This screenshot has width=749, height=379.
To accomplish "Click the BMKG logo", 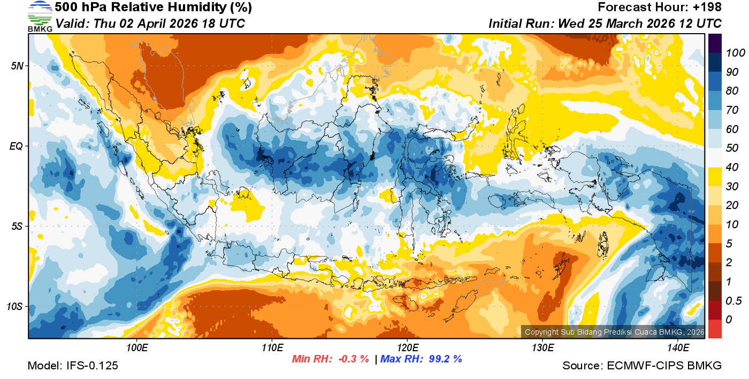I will (x=40, y=16).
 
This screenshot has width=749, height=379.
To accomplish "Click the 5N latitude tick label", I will (x=17, y=66).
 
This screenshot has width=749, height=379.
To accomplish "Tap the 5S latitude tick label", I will (x=17, y=226).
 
